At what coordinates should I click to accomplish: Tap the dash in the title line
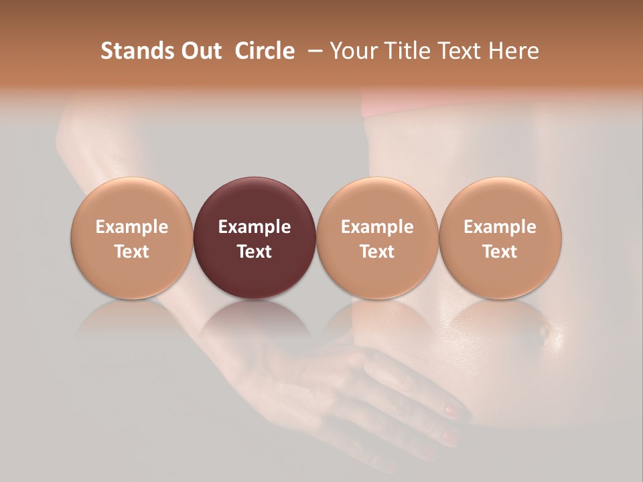(x=312, y=51)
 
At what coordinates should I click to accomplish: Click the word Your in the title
(x=352, y=51)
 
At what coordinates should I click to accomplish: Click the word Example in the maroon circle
(x=255, y=228)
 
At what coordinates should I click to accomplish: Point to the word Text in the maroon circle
(x=255, y=252)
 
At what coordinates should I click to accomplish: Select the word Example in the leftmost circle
(x=131, y=228)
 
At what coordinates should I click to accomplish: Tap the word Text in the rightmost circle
(x=500, y=252)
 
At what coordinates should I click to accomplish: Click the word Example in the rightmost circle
(x=500, y=228)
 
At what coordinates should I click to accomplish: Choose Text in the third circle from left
(x=377, y=252)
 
